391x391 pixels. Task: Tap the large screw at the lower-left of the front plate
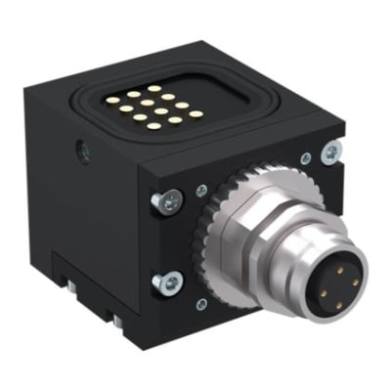[x=167, y=283]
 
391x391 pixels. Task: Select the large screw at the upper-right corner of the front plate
[x=333, y=152]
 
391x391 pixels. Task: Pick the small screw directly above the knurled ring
[x=306, y=157]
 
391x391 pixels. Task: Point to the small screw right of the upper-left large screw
[x=200, y=191]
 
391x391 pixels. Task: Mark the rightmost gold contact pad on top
[x=195, y=114]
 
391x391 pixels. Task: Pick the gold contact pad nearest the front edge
[x=157, y=128]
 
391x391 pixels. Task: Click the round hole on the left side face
[x=81, y=152]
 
